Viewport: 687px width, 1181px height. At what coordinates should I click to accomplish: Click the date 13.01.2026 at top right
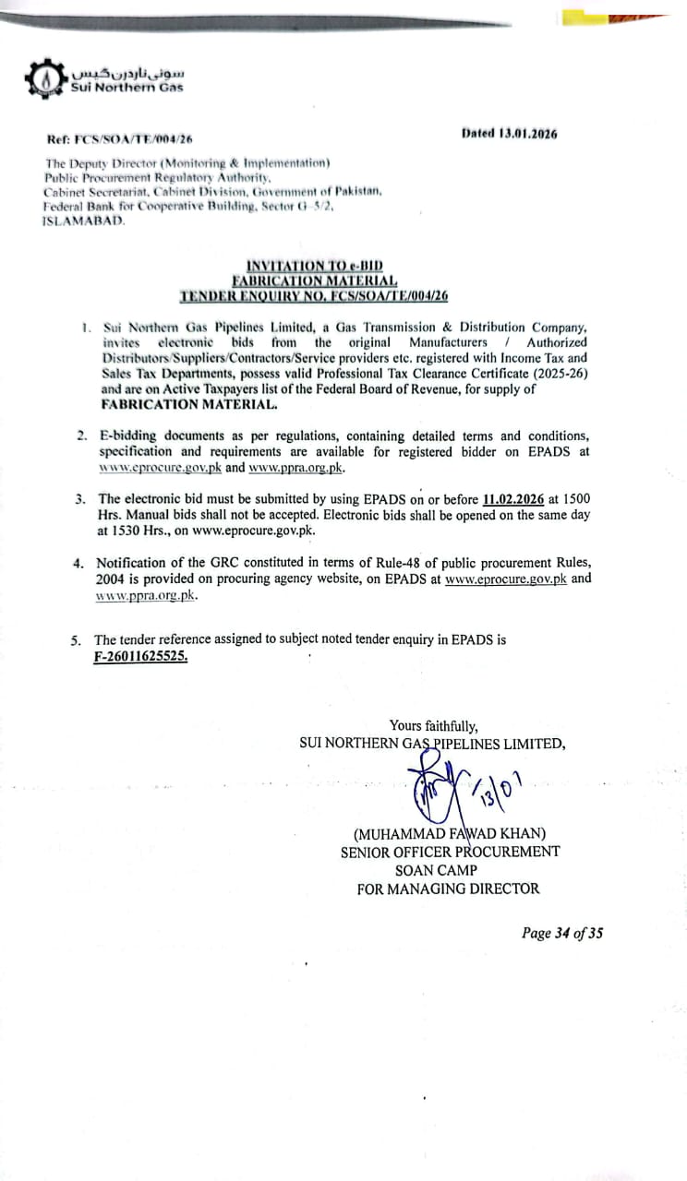click(x=527, y=133)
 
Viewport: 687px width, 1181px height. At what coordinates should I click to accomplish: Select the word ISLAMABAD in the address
click(x=82, y=222)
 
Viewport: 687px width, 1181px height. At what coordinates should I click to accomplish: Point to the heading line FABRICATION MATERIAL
click(x=314, y=280)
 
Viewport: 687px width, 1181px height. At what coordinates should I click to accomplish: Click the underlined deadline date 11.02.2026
click(x=514, y=499)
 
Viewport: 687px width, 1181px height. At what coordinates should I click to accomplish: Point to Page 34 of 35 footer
click(x=562, y=933)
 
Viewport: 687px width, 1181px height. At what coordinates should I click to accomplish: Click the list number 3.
click(x=80, y=499)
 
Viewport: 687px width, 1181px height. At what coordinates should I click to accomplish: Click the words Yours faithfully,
click(x=434, y=726)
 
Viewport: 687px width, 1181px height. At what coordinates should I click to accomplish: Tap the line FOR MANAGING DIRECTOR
click(x=449, y=889)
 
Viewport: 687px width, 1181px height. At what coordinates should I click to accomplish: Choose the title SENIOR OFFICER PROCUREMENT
click(x=450, y=852)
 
